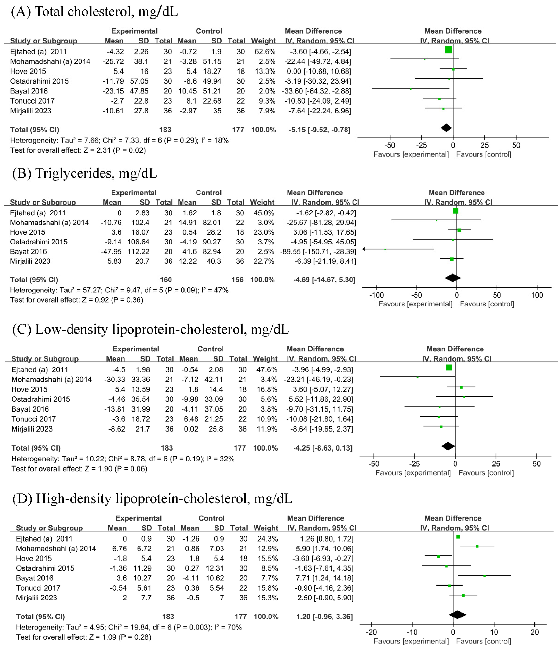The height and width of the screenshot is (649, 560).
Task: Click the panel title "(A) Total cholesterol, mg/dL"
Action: click(x=94, y=12)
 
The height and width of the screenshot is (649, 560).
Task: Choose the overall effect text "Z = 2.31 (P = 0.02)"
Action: click(x=78, y=150)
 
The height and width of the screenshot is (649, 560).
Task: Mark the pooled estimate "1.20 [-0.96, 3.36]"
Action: click(x=324, y=617)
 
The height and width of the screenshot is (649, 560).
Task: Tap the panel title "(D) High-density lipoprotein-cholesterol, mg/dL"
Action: click(x=152, y=499)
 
